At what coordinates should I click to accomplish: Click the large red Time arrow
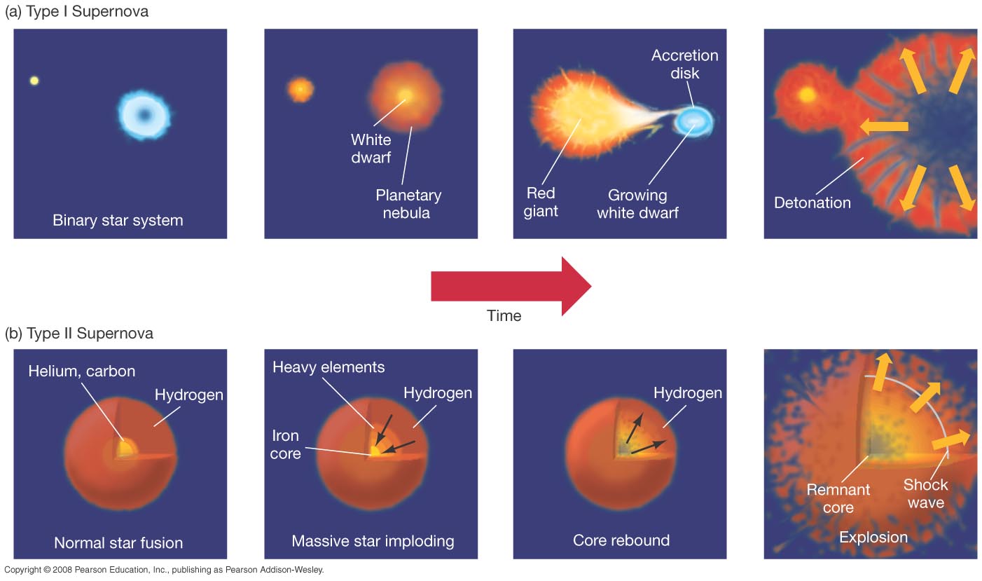tap(511, 287)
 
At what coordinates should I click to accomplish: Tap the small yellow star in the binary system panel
tap(34, 81)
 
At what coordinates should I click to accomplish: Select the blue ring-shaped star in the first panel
tap(144, 116)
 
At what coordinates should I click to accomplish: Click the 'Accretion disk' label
tap(684, 64)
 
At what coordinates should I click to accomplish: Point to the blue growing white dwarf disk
tap(693, 121)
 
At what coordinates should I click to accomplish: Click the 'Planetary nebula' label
tap(408, 204)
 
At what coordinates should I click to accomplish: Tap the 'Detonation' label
tap(812, 203)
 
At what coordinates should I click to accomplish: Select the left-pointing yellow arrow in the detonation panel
tap(884, 127)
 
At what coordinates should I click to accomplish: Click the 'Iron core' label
tap(285, 444)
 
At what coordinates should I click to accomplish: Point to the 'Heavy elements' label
tap(329, 367)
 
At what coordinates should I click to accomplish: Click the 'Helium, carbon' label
tap(81, 371)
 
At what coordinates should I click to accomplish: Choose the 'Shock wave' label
tap(925, 493)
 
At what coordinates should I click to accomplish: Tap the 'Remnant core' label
tap(838, 498)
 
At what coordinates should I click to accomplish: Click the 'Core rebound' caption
tap(621, 540)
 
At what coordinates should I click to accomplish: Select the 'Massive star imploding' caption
tap(373, 541)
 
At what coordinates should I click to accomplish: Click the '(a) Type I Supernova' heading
tap(77, 11)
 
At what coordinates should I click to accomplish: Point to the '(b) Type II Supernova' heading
tap(79, 334)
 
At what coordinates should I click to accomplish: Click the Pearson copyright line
tap(164, 570)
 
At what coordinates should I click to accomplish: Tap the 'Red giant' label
tap(541, 202)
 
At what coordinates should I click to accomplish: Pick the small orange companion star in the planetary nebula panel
tap(300, 90)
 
